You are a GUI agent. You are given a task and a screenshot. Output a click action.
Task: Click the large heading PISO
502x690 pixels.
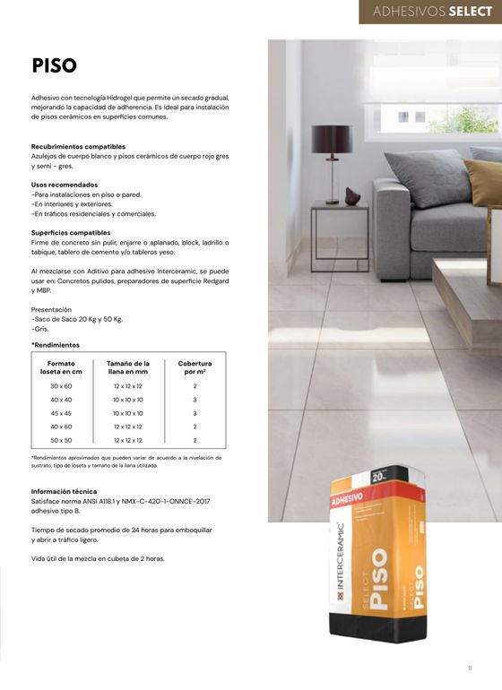(54, 65)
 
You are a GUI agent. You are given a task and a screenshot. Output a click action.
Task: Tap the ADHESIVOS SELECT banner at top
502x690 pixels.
(431, 12)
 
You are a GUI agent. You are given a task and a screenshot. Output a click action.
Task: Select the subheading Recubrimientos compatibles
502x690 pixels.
(78, 146)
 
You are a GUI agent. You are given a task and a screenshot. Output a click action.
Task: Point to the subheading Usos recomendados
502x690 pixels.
(65, 185)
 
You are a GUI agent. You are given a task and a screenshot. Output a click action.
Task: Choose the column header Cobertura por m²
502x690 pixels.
(195, 367)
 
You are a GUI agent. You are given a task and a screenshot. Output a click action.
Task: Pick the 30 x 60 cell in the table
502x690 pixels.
(61, 385)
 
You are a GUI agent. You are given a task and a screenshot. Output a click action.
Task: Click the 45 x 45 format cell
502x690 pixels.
(61, 413)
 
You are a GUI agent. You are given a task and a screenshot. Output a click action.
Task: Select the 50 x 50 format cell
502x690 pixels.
(61, 441)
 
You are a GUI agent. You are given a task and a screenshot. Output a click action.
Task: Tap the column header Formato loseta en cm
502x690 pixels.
(61, 367)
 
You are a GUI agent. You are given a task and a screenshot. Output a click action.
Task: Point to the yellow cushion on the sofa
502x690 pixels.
(485, 183)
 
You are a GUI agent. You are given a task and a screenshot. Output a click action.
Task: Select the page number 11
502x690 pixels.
(470, 667)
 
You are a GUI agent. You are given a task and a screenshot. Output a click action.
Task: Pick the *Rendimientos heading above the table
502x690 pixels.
(56, 345)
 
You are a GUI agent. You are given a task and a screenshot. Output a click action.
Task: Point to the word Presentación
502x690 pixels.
(51, 309)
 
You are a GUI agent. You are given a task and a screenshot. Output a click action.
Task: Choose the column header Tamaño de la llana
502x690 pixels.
(127, 367)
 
